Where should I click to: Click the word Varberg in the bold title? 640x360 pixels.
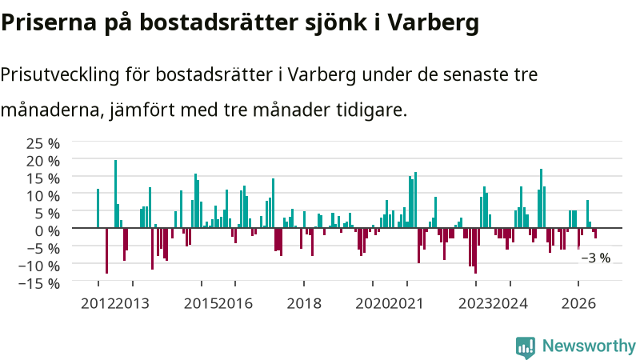point(433,23)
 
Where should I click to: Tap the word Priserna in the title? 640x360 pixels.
point(49,22)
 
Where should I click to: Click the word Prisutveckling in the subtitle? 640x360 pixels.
point(59,75)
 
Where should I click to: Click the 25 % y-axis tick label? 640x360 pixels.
point(43,144)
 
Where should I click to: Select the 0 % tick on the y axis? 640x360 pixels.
point(47,231)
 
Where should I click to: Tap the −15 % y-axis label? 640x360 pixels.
point(39,283)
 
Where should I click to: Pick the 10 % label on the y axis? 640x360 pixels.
point(43,196)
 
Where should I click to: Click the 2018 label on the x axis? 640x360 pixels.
point(304,303)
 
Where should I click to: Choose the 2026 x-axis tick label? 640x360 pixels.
point(578,303)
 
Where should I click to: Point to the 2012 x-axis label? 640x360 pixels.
point(98,303)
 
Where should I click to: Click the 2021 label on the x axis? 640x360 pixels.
point(407,303)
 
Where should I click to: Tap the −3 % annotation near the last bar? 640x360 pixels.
point(595,258)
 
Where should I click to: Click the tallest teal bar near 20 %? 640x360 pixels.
point(115,194)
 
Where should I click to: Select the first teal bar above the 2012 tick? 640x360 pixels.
point(98,208)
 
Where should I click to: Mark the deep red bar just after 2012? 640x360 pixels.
point(107,250)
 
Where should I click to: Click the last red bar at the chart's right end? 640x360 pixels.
point(595,233)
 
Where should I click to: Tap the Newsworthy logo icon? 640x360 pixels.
point(526,348)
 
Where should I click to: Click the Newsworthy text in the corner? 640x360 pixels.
point(590,346)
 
